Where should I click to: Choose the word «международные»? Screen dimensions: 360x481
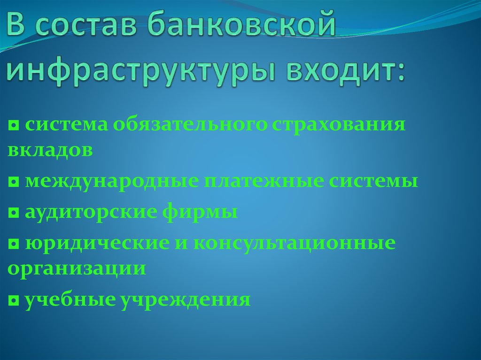coord(111,181)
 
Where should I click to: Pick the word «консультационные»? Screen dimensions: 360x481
coord(294,244)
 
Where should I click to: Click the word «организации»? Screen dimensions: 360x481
coord(76,269)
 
